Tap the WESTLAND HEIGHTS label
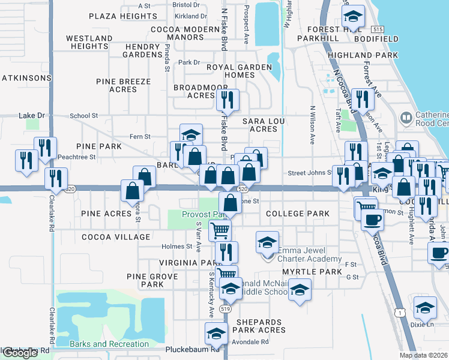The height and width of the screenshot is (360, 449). coord(89,42)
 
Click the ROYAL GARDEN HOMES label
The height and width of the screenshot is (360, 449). coord(240,71)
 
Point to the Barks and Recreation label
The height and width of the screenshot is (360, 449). coord(109,344)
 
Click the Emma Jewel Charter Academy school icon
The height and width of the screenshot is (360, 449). coord(267,242)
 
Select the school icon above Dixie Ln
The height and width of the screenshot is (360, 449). coord(425,307)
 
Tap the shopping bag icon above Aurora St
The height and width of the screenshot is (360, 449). coord(132,190)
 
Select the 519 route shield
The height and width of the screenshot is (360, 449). coord(226,308)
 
